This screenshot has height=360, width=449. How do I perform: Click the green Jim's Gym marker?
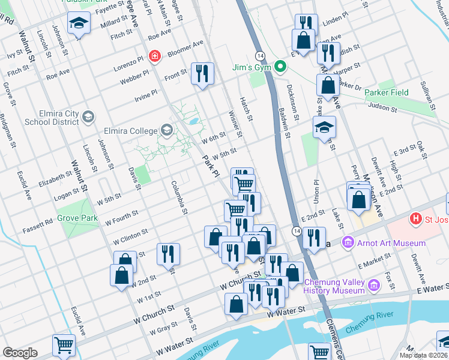[x=279, y=66]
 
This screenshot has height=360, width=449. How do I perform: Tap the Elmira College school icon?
[x=166, y=130]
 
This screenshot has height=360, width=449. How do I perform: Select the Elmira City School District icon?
[x=89, y=116]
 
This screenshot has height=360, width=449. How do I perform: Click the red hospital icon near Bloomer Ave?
[x=155, y=56]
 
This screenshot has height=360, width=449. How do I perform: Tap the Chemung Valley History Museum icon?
[x=375, y=285]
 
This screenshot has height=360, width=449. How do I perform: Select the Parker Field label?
[x=388, y=92]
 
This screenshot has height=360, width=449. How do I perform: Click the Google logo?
[x=20, y=353]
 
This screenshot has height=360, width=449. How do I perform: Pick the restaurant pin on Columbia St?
[x=168, y=253]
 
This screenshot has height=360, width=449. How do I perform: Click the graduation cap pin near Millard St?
[x=79, y=24]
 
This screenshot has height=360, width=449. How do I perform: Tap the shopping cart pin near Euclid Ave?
[x=64, y=345]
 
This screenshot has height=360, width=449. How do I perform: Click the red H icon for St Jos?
[x=414, y=219]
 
